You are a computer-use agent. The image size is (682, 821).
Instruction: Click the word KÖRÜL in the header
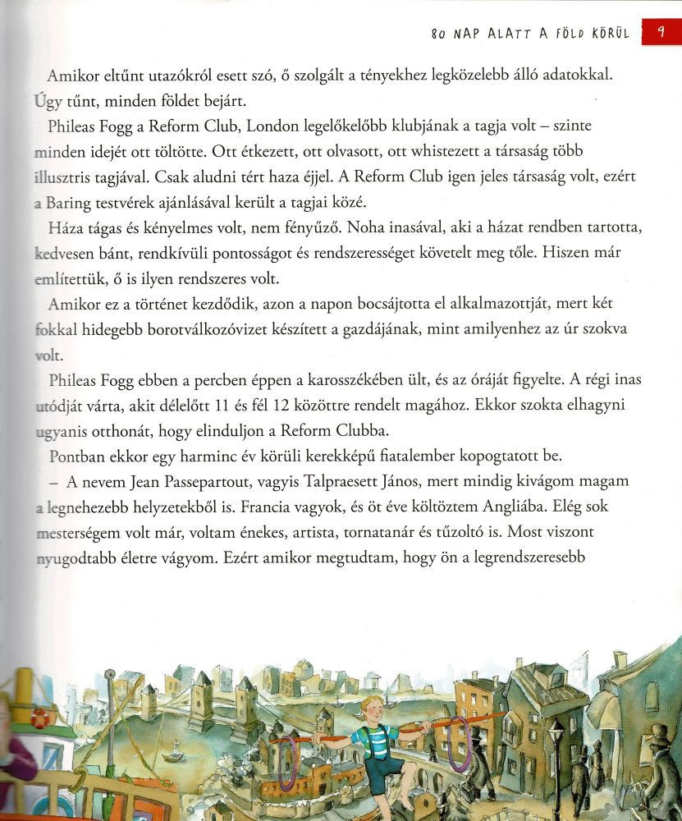606,34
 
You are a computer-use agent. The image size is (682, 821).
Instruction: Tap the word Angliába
464,506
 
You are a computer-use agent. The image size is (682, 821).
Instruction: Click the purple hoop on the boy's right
460,743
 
